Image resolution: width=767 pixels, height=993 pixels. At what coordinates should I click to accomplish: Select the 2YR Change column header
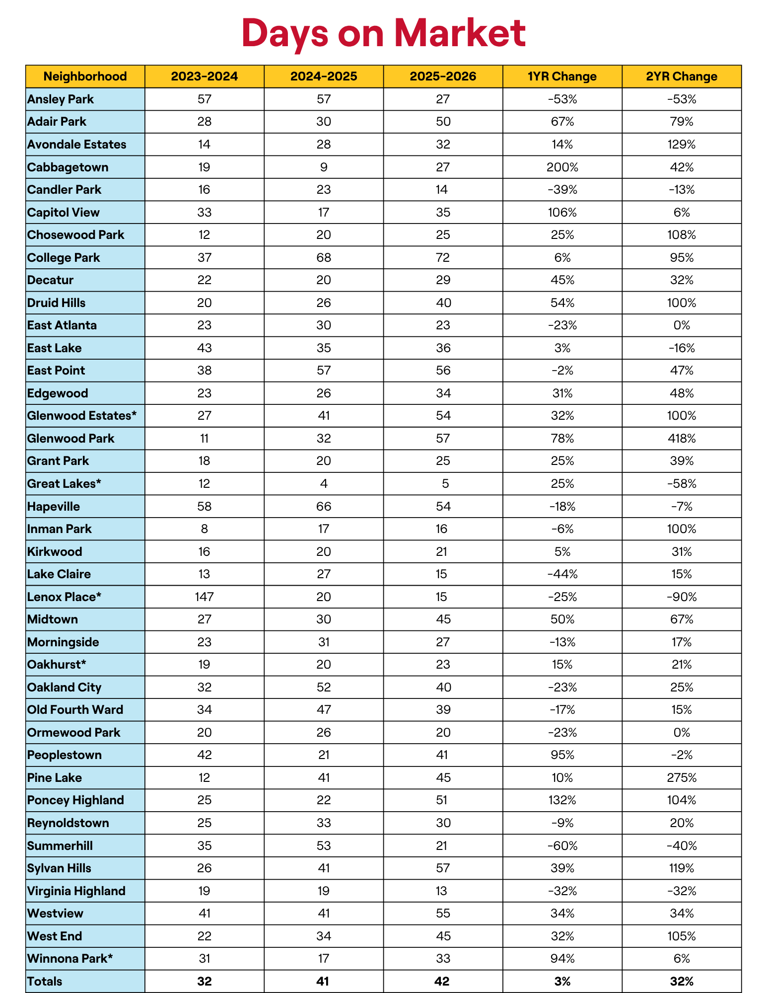tap(682, 76)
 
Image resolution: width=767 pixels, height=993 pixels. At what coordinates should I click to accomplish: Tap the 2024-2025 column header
tap(324, 76)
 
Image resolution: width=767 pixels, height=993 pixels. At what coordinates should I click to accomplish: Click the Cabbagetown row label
tap(68, 167)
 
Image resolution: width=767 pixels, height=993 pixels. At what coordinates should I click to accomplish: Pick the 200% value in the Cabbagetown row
tap(562, 167)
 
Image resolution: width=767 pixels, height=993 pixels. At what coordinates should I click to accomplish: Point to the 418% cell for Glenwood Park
tap(682, 439)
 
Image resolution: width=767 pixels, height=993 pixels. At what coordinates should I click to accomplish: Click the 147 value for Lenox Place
tap(204, 597)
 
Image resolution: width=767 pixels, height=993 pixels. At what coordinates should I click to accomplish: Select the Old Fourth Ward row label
tap(75, 709)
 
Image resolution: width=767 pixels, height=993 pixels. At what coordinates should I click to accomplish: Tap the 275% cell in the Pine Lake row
tap(682, 777)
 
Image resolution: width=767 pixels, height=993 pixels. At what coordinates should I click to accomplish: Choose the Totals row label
tap(45, 981)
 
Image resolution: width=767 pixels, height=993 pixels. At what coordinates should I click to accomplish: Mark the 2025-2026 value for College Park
tap(442, 258)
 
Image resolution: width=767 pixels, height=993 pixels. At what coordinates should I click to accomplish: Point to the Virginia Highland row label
tap(76, 891)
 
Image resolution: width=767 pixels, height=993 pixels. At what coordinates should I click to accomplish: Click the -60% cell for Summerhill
tap(562, 845)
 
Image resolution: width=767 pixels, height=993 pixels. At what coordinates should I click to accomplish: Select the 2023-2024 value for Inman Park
tap(204, 529)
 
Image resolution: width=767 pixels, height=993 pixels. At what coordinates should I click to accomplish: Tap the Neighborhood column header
tap(85, 76)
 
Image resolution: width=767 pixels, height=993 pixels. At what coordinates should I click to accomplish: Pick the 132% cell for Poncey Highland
tap(562, 800)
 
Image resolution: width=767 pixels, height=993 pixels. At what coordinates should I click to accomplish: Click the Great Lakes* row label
tap(65, 484)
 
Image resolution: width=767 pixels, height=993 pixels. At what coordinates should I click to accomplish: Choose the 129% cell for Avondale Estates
tap(682, 145)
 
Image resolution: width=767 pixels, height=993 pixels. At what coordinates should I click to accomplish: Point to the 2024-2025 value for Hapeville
tap(324, 507)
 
